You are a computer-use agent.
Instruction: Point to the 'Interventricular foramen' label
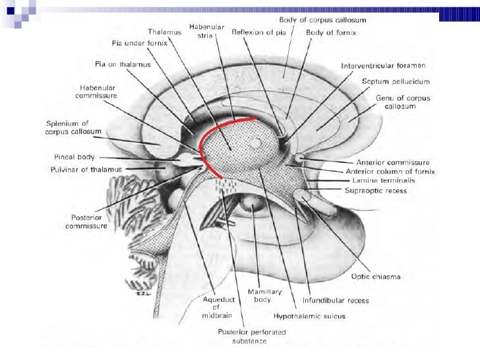click(383, 66)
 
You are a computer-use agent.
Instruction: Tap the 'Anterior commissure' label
click(393, 162)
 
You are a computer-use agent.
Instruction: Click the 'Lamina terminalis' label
click(380, 181)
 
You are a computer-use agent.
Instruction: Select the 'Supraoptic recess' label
click(376, 191)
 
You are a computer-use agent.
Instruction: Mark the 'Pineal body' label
click(75, 158)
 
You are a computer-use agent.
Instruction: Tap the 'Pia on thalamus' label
click(123, 64)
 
